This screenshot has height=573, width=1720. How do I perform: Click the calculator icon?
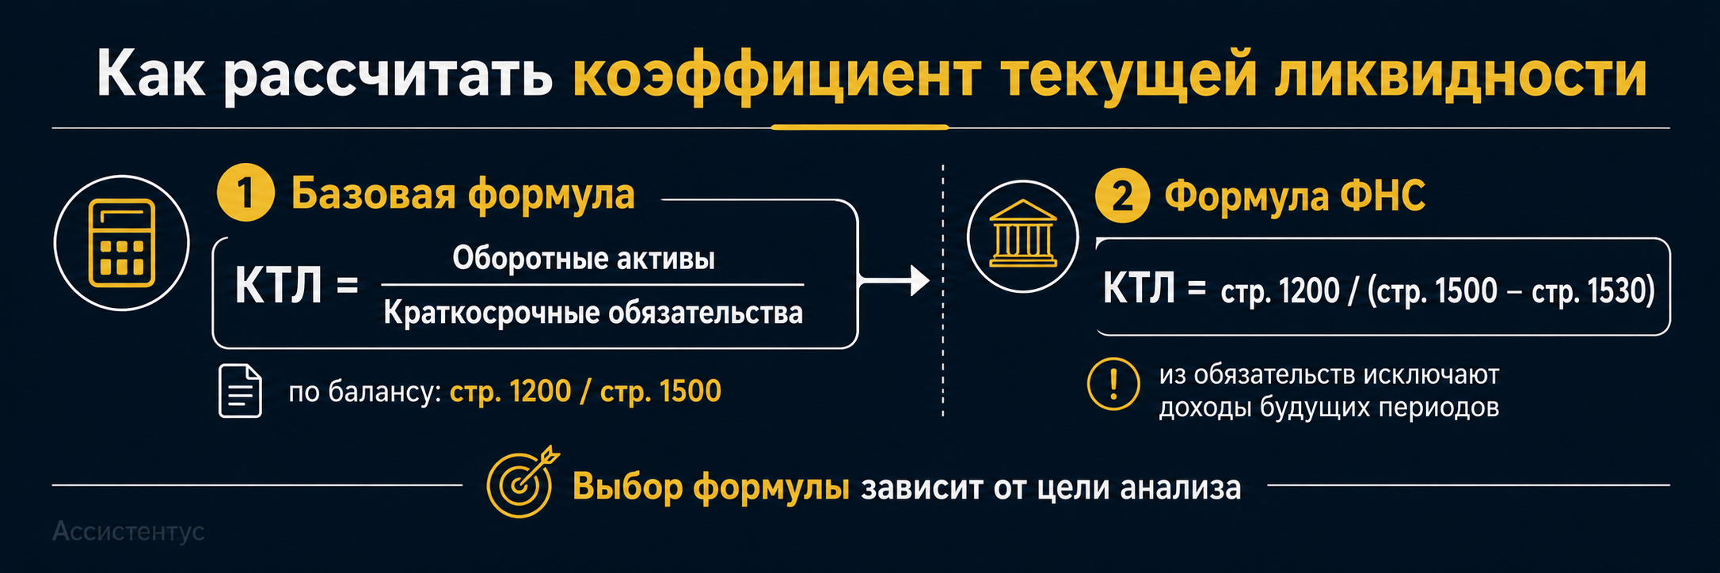pos(121,243)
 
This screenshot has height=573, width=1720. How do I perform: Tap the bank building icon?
pos(1022,234)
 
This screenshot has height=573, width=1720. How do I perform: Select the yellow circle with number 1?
pos(245,193)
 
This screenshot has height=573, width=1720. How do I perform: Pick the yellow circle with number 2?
pos(1122,195)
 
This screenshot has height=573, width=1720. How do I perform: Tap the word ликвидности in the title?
pos(1461,75)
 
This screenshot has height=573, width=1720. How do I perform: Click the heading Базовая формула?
pos(463,194)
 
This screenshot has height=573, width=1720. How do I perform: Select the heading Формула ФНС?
pos(1295,196)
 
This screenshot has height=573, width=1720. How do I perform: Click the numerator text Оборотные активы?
pos(584,258)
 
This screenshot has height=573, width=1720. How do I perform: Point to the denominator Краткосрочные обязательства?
pos(593,313)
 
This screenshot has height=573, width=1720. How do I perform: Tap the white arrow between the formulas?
pos(894,280)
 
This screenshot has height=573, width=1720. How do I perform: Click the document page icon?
pos(240,391)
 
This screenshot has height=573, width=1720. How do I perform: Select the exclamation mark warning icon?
pos(1113,384)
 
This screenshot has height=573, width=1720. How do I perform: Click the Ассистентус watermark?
pos(128,532)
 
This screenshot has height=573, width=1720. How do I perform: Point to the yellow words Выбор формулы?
pos(711,487)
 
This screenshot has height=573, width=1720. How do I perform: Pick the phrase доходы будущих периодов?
pos(1329,408)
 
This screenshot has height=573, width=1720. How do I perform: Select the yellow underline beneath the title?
pos(860,127)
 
